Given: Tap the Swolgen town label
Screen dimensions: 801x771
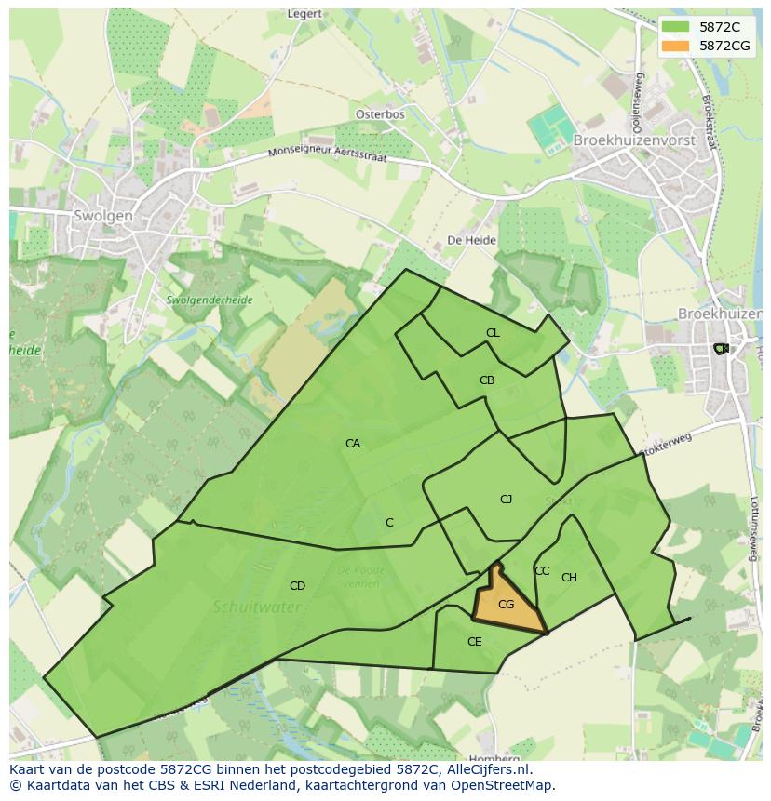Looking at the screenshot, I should point(102,216).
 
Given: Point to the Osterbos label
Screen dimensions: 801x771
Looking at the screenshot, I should point(380,114).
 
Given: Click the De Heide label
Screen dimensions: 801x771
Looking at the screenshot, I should point(472,240).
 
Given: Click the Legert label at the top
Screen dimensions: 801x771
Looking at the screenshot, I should point(304,14).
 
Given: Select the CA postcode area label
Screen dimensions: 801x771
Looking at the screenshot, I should point(353,444).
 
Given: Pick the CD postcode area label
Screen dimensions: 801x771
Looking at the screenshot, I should point(297,586).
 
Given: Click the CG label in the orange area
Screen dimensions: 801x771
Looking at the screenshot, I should point(507,605).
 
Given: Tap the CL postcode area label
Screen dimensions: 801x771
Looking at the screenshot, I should point(493,333).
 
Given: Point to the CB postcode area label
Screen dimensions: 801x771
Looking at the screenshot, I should point(487,380).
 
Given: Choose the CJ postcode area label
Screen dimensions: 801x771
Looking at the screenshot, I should point(506,500).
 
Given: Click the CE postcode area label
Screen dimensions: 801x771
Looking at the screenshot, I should point(475,642).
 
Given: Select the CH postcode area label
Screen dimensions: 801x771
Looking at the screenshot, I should point(569,578).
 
